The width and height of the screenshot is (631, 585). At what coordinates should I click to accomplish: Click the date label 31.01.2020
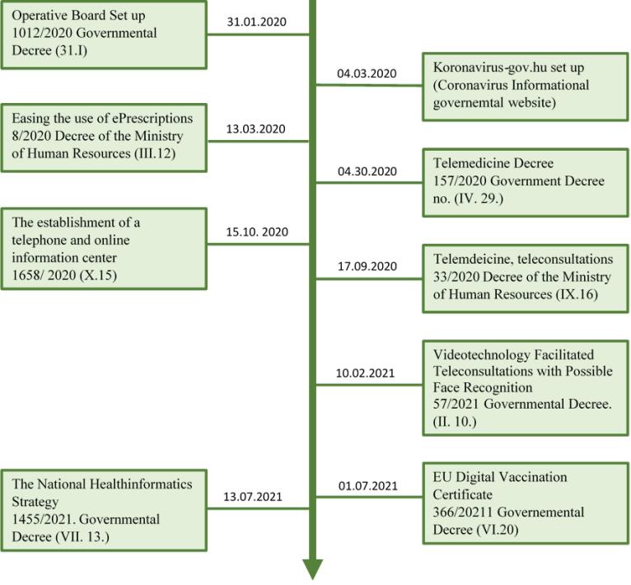tap(256, 21)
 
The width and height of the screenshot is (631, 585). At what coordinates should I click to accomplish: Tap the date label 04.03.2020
tap(367, 73)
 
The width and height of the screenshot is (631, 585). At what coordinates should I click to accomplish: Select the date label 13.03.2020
tap(255, 129)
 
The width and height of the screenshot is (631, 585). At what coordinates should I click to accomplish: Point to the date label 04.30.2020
tap(367, 171)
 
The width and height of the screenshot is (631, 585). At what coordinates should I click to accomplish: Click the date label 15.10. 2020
tap(257, 232)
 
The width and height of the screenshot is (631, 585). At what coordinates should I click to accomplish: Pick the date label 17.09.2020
tap(367, 266)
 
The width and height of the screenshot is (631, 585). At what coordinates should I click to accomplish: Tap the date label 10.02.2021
tap(365, 373)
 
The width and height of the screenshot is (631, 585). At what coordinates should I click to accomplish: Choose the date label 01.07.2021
tap(368, 486)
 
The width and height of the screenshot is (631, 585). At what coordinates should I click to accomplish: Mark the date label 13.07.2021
tap(253, 496)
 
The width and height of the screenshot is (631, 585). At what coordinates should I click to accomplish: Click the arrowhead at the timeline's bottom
tap(313, 569)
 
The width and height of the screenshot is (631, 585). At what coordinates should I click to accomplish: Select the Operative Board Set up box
tap(104, 35)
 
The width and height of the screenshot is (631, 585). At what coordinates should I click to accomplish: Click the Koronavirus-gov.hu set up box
tap(526, 87)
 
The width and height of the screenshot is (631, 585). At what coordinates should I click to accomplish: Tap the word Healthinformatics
tap(141, 484)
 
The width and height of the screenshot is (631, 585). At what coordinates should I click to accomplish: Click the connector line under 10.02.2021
tap(369, 385)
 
